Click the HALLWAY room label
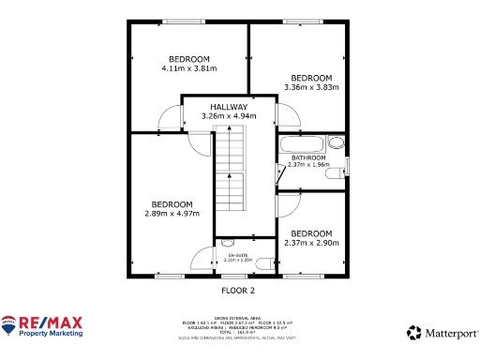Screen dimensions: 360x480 point(229,107)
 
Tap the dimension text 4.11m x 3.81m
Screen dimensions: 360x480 point(188,67)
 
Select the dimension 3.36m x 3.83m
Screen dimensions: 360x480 point(311,87)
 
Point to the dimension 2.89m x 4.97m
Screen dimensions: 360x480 point(172,214)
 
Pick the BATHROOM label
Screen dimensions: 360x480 point(308,157)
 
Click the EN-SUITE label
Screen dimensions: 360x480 point(237,254)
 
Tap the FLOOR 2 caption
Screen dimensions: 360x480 point(237,291)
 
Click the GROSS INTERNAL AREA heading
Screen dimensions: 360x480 point(237,317)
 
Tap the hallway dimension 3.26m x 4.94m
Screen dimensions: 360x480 point(229,115)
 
